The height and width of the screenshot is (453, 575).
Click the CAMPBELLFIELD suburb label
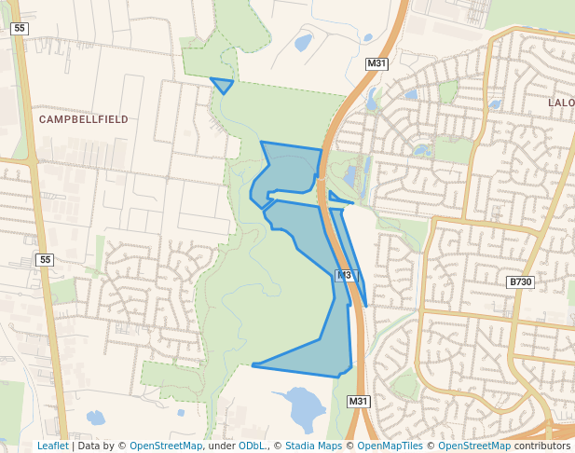(84, 119)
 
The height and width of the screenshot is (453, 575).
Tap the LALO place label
(561, 103)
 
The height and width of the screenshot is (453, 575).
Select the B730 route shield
(520, 281)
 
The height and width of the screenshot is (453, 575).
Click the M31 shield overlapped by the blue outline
(346, 275)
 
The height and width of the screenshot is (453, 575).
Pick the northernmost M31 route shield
(376, 63)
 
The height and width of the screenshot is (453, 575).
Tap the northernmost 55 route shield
(19, 29)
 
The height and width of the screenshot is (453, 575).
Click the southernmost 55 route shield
(46, 259)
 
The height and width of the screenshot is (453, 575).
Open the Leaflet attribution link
(52, 446)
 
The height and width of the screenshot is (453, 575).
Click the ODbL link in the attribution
(251, 446)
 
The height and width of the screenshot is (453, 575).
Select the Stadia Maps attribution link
(313, 446)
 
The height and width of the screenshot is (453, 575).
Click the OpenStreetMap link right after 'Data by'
(166, 446)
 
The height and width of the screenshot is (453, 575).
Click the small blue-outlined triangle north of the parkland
(223, 85)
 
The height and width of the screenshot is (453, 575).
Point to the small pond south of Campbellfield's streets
(95, 417)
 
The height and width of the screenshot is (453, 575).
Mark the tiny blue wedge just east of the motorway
(337, 197)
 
